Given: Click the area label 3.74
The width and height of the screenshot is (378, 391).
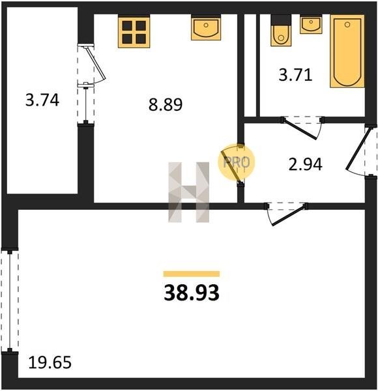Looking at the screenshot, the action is (x=42, y=100).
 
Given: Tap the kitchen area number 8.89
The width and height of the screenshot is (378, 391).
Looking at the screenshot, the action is (x=166, y=104).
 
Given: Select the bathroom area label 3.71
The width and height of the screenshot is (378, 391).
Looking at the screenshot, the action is (x=295, y=74).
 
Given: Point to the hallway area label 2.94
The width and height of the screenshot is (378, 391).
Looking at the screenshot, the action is (x=306, y=164).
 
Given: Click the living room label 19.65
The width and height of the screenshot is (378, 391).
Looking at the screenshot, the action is (x=50, y=362).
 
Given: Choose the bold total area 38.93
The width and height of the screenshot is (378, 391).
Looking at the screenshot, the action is (x=192, y=293).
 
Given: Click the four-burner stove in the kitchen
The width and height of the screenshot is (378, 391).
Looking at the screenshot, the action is (x=134, y=31).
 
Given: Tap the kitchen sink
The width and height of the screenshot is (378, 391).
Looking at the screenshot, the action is (x=206, y=27).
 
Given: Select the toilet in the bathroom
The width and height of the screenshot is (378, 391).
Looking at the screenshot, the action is (x=281, y=31).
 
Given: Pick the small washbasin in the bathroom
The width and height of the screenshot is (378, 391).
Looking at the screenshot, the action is (x=311, y=24).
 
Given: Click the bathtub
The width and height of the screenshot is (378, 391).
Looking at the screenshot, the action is (x=347, y=51).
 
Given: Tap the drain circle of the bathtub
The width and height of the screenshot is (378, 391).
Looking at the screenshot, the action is (x=347, y=25).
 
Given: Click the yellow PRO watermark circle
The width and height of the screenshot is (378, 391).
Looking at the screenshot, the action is (x=237, y=162).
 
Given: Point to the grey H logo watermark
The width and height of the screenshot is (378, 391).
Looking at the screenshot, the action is (x=189, y=192).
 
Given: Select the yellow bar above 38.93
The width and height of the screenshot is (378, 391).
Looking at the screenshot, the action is (x=192, y=274).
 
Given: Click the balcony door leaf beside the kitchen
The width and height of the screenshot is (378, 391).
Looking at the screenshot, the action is (x=96, y=63).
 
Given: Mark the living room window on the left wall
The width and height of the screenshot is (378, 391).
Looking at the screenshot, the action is (x=10, y=301).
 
